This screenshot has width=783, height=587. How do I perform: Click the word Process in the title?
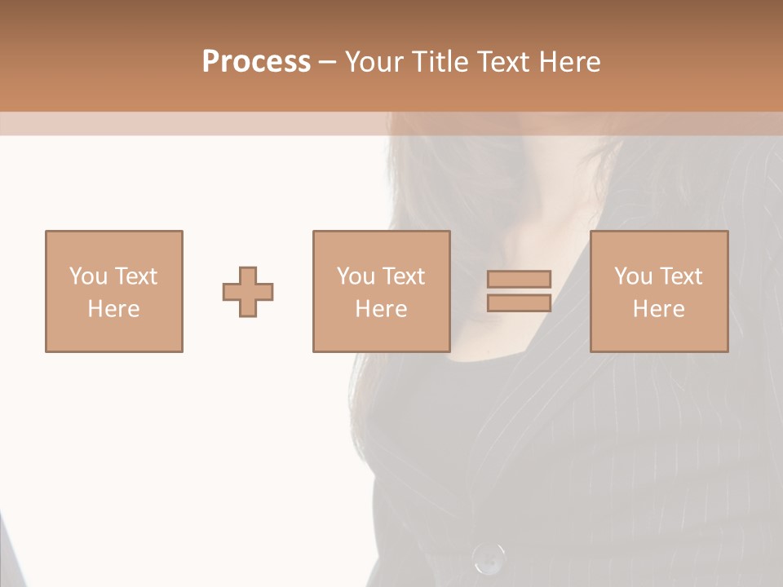point(256,62)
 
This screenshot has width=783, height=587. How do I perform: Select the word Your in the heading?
point(375,62)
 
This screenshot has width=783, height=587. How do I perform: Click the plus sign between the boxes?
point(248,291)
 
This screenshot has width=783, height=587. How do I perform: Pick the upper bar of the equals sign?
point(519,279)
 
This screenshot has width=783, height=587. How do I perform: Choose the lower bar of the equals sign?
point(519,303)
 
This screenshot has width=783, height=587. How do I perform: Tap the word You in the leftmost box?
point(88,276)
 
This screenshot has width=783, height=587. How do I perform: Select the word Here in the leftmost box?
point(113,309)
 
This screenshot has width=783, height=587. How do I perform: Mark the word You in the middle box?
point(356,276)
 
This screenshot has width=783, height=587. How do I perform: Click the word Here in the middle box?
point(381,309)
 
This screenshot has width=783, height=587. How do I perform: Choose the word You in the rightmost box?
point(633,276)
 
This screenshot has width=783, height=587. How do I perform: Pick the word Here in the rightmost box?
point(658,309)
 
